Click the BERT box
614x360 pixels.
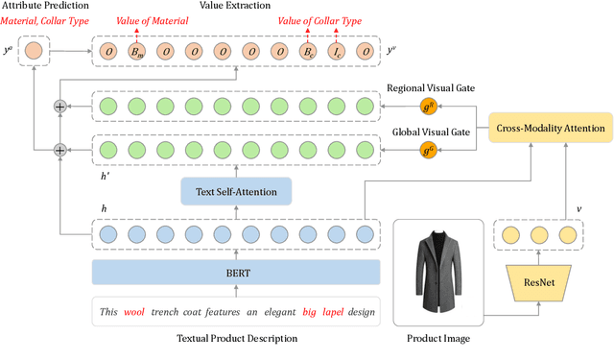(x=236, y=273)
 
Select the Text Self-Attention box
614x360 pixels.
(x=236, y=192)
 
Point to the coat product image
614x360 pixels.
(x=442, y=272)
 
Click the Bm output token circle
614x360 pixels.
(x=135, y=51)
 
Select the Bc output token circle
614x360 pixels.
(x=307, y=51)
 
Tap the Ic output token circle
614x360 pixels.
(x=336, y=51)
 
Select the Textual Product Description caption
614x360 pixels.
(x=236, y=338)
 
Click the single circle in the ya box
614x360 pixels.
(x=35, y=50)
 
